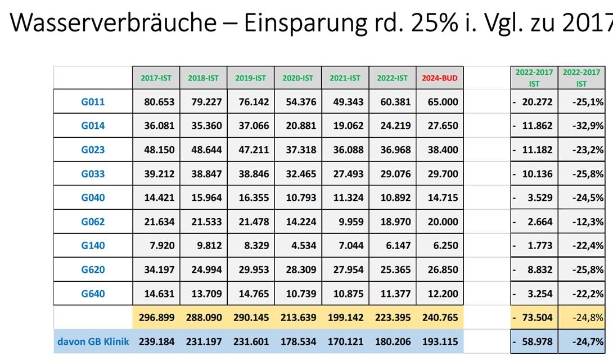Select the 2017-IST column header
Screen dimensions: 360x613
156,78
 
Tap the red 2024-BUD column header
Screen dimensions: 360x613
440,78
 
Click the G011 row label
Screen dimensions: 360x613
93,102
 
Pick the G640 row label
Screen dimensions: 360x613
93,294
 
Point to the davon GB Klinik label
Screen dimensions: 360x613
93,341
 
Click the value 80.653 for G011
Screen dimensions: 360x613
159,102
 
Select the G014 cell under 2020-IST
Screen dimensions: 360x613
301,126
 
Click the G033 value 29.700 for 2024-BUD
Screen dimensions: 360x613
443,174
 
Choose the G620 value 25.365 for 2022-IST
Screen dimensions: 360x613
395,269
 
